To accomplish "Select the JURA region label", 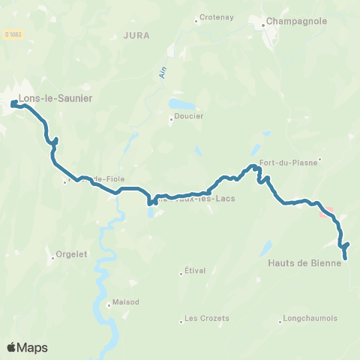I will click(136, 34).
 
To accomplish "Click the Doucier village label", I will click(189, 116).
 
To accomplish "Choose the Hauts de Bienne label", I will click(304, 262).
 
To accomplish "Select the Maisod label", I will click(125, 302).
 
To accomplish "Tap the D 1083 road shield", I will click(12, 34).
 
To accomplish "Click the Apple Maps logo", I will click(27, 347).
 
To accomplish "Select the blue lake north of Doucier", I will click(181, 103).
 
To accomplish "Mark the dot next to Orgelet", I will click(53, 255).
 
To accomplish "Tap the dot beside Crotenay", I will click(196, 19).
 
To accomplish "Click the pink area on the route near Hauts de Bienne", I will click(326, 211).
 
